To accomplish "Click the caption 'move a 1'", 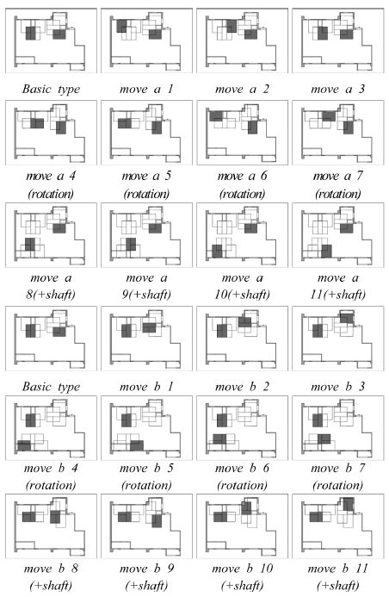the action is (x=147, y=89).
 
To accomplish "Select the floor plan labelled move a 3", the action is (x=338, y=40).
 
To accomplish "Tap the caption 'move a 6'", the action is (x=242, y=177).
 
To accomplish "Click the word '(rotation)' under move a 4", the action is (x=51, y=194).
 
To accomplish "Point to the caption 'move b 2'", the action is (x=242, y=387).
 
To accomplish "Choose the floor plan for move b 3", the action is (x=338, y=339).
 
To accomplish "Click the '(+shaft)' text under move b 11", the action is (x=337, y=585).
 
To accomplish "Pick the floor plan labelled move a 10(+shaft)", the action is (x=242, y=235).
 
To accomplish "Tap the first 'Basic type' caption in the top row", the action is (x=51, y=89).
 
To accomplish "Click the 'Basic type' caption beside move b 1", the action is (x=51, y=387).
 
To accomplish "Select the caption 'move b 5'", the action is (x=147, y=468).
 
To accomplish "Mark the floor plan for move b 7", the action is (x=338, y=428).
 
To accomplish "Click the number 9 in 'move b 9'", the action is (x=170, y=569).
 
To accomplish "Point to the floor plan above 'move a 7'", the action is (x=338, y=133).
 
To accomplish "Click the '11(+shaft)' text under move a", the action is (x=337, y=295).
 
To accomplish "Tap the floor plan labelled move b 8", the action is (x=51, y=526).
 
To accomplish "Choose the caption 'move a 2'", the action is (x=242, y=89).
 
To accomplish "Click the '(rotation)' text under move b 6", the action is (x=242, y=486).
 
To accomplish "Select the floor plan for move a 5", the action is (x=147, y=133).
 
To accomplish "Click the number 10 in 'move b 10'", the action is (x=267, y=569).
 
